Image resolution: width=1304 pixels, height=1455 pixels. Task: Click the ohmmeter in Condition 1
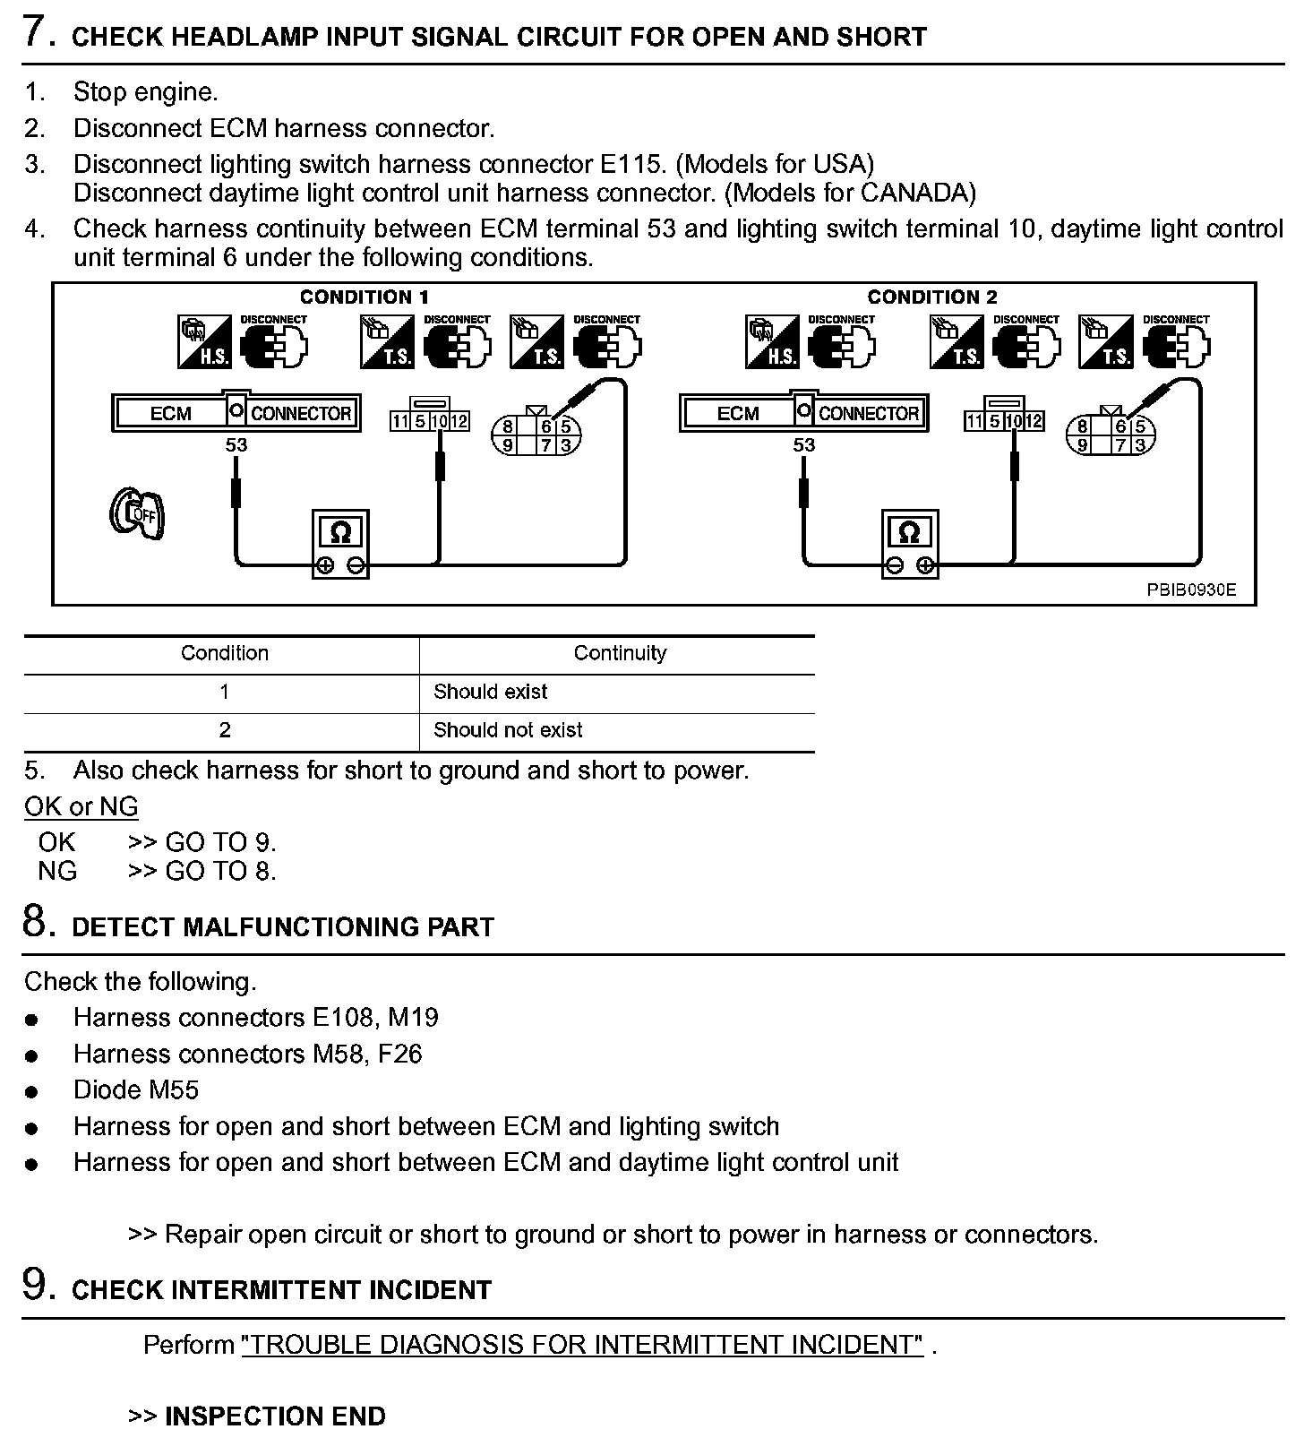pos(340,543)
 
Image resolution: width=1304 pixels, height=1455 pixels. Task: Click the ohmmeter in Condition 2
pos(909,543)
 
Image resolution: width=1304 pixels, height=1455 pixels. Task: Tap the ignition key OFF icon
pos(138,514)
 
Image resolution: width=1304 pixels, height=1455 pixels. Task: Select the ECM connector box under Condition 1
pos(236,413)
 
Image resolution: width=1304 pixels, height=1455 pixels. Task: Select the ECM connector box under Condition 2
pos(803,413)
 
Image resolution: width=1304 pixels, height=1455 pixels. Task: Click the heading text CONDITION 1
pos(364,297)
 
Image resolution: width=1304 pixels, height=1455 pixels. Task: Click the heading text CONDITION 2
pos(931,297)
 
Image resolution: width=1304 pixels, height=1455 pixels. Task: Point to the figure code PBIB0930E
pos(1191,590)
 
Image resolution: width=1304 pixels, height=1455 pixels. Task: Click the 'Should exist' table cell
pos(490,692)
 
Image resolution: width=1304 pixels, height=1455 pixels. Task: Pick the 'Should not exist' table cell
pos(507,730)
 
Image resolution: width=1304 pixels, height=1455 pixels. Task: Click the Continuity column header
pos(620,653)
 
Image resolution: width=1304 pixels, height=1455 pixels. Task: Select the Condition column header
pos(224,653)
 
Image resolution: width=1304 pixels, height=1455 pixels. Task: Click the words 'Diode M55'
pos(136,1090)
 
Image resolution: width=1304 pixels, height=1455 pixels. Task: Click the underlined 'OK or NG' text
pos(81,806)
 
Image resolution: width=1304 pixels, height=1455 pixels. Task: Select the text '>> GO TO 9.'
pos(202,842)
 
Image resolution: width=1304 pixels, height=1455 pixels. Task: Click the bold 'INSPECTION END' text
pos(275,1416)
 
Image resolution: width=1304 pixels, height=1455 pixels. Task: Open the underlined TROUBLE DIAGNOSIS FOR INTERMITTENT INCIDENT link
pos(582,1345)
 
